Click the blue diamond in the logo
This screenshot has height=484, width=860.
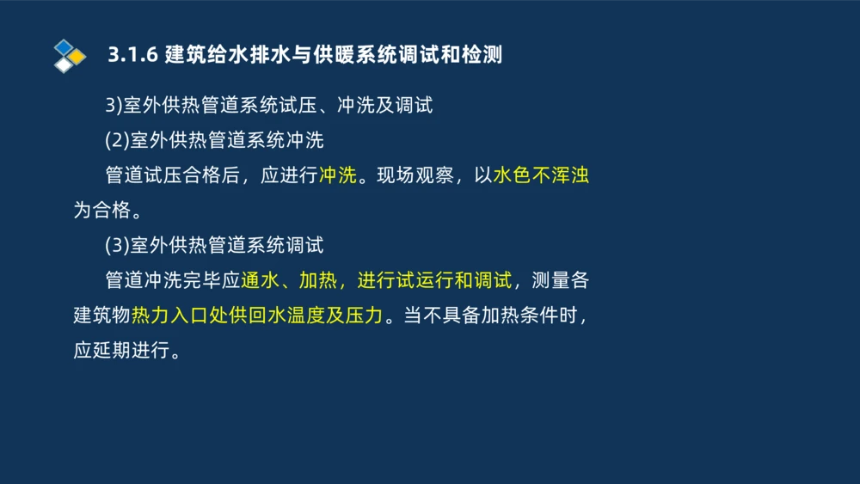(63, 47)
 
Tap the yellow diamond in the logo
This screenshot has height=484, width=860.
(77, 57)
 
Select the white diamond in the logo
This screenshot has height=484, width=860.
(63, 64)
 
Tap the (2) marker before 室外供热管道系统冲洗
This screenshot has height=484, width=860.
(116, 140)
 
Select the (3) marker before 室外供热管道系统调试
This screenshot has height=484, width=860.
(116, 246)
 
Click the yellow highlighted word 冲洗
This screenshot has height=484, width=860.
(338, 175)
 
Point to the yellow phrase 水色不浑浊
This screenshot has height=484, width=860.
(541, 175)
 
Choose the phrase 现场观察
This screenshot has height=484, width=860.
(416, 175)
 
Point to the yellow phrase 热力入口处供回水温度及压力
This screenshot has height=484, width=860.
(256, 316)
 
